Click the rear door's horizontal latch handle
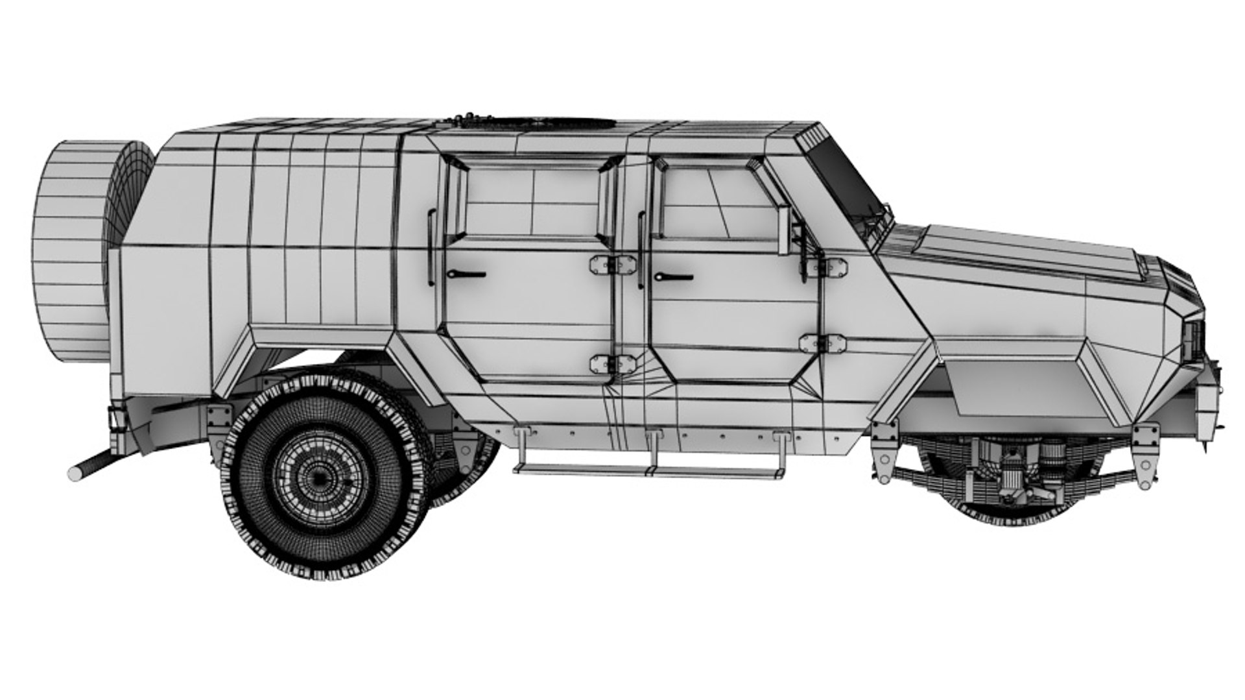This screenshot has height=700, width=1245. coord(466,275)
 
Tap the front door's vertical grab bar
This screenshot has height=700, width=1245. coord(641,250)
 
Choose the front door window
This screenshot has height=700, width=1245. coord(717,201)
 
